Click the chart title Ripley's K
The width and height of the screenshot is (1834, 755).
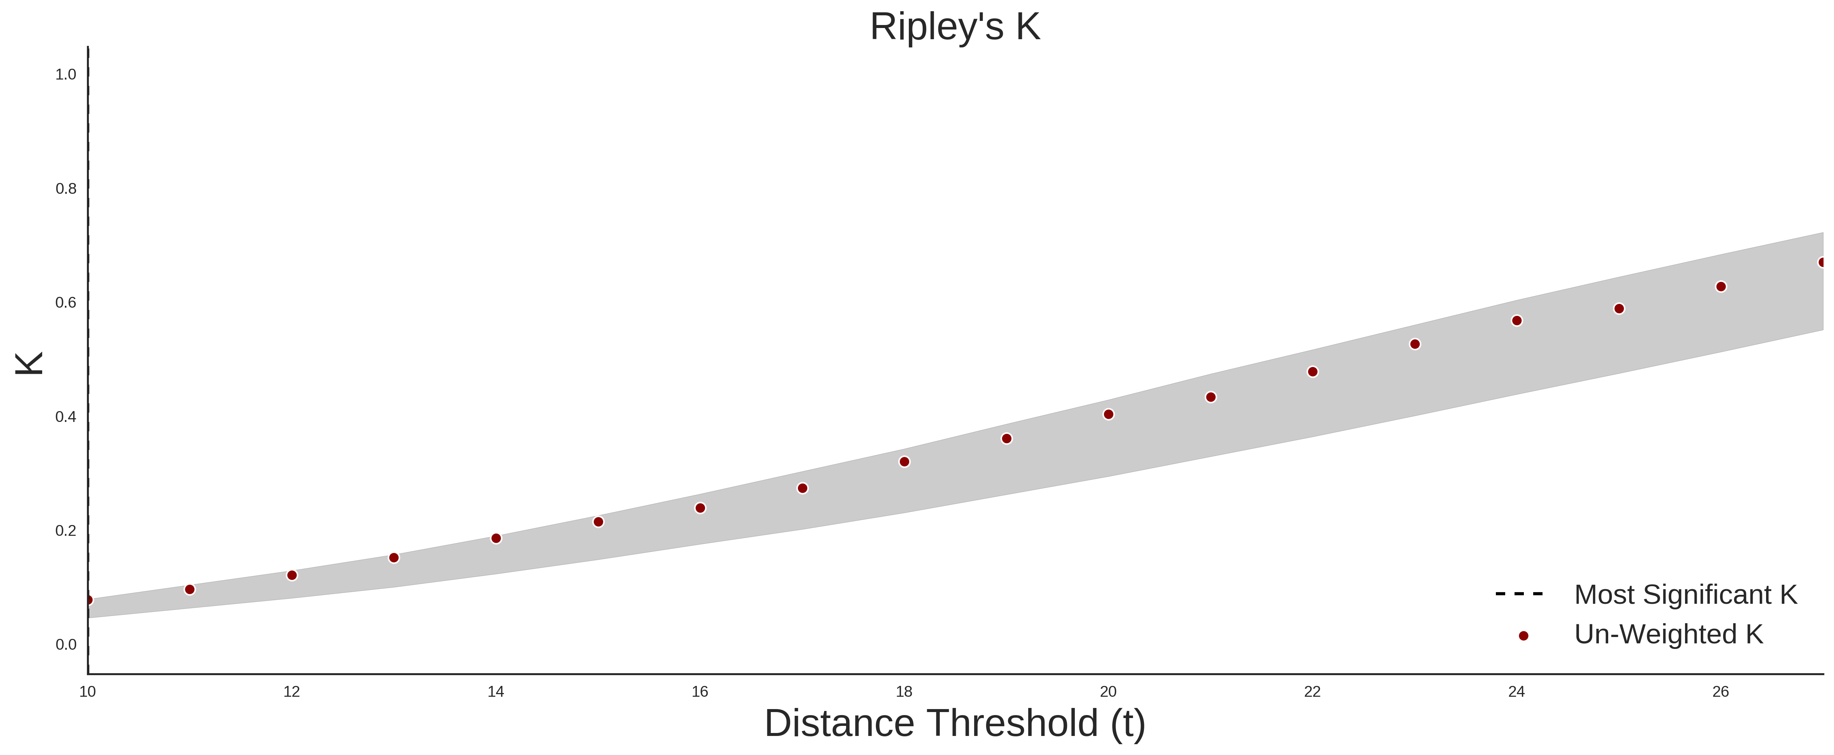pyautogui.click(x=955, y=27)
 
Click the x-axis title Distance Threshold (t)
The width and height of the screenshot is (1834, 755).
pyautogui.click(x=955, y=724)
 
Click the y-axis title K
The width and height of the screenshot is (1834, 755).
pyautogui.click(x=29, y=363)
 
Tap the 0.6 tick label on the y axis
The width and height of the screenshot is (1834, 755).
pyautogui.click(x=66, y=303)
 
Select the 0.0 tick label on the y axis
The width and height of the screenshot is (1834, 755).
pyautogui.click(x=66, y=644)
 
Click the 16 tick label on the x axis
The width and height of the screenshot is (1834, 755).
pyautogui.click(x=700, y=692)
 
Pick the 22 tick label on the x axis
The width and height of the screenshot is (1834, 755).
pyautogui.click(x=1312, y=692)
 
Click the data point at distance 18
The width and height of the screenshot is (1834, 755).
pyautogui.click(x=904, y=462)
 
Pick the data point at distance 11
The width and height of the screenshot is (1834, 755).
pyautogui.click(x=189, y=590)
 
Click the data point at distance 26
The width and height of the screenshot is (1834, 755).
pyautogui.click(x=1721, y=286)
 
